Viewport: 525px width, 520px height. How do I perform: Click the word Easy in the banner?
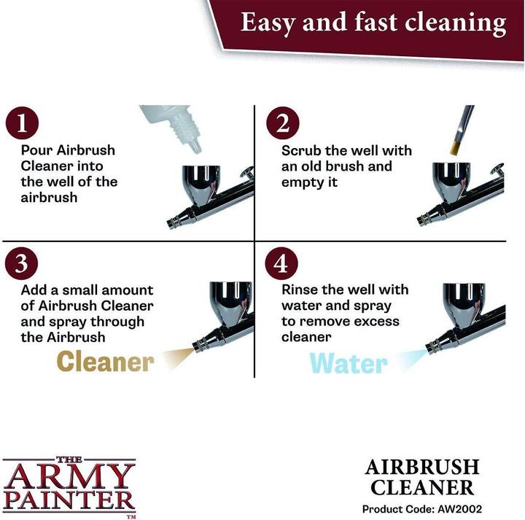[x=269, y=23]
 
